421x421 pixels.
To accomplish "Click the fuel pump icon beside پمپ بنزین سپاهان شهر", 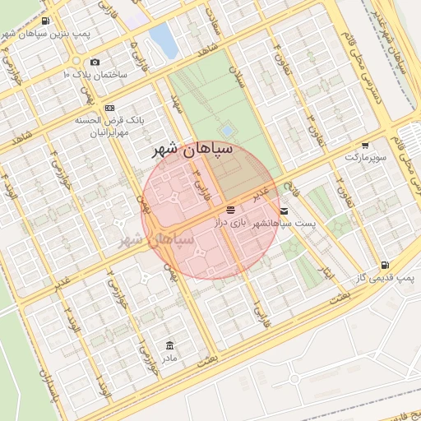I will point(44,21).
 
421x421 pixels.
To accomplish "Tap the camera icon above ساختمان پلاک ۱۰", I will point(95,62).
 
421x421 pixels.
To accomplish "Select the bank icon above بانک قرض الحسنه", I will point(109,109).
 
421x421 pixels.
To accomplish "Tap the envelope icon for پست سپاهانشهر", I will point(285,211).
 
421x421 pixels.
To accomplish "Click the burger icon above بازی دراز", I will point(230,210).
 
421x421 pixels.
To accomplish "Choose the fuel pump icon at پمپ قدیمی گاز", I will point(384,266).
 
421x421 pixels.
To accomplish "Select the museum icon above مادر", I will point(169,345).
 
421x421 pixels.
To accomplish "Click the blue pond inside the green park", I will point(227,131).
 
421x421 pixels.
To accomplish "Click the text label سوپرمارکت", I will point(365,155).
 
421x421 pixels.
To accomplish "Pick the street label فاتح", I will point(294,194).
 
